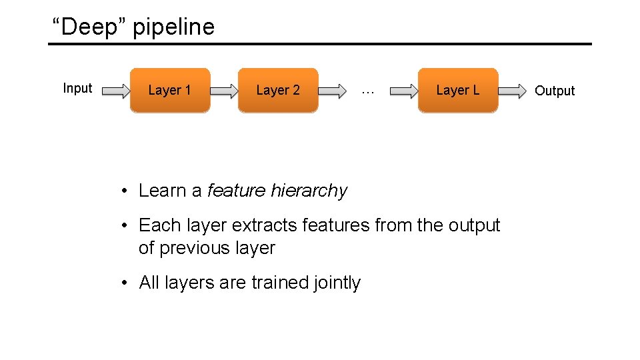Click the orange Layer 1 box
[x=169, y=90]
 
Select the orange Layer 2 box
[x=278, y=90]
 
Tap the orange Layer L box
[x=457, y=90]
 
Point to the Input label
[x=77, y=89]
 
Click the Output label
[x=555, y=91]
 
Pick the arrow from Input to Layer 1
[x=117, y=91]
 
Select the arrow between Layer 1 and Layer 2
[x=224, y=91]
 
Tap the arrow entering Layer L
[x=403, y=91]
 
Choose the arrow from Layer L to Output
[x=512, y=91]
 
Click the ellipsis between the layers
[x=367, y=91]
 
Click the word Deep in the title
[x=91, y=27]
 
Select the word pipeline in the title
[x=174, y=28]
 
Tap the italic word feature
[x=237, y=191]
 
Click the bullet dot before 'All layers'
[x=125, y=283]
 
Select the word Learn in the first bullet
[x=163, y=191]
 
